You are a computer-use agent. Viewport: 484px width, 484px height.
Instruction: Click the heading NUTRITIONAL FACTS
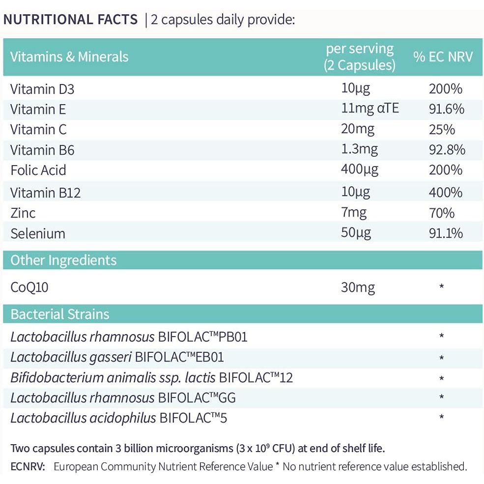coord(71,20)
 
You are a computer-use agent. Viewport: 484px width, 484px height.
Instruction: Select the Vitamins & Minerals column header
coord(69,57)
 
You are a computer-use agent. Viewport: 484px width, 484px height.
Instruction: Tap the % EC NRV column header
coord(443,57)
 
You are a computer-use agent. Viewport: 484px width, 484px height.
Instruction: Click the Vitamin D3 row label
coord(42,89)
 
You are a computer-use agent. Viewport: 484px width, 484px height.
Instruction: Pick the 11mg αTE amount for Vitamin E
coord(370,109)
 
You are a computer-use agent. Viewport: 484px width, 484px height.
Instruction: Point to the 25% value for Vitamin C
coord(442,130)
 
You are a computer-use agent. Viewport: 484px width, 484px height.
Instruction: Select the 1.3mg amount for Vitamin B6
coord(359,149)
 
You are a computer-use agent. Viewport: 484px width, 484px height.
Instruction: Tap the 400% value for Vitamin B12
coord(445,192)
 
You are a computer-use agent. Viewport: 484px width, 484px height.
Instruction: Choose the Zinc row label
coord(23,213)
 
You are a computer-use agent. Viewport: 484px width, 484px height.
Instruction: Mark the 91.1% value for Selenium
coord(445,233)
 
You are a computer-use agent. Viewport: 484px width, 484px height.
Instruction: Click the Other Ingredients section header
coord(63,260)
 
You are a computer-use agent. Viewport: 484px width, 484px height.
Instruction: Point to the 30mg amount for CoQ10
coord(358,287)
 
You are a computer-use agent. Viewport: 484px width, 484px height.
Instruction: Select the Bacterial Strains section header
coord(60,314)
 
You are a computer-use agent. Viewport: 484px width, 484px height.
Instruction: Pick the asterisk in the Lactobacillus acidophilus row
coord(442,418)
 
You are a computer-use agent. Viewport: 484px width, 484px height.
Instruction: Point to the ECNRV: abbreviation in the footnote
coord(28,466)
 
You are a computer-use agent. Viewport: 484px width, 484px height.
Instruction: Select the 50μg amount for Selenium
coord(355,232)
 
